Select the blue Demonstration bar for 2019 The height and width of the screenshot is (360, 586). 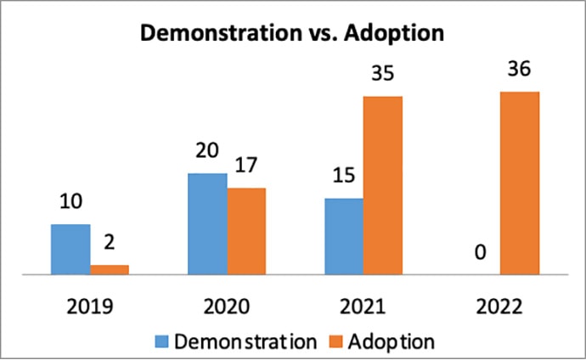70,250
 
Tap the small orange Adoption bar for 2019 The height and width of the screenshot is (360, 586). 110,269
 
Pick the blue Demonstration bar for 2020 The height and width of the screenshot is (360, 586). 207,224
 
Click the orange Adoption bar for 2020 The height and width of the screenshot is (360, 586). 246,231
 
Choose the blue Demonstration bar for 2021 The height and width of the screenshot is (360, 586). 344,236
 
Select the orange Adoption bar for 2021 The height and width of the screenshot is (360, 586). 383,185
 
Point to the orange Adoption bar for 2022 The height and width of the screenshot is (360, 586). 519,183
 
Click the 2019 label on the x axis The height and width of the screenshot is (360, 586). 90,306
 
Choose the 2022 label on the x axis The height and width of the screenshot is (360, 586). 499,306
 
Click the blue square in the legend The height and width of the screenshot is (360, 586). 161,341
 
